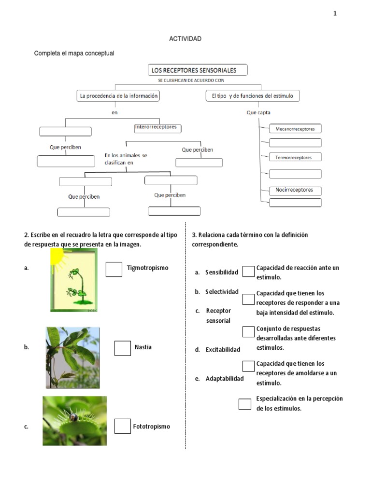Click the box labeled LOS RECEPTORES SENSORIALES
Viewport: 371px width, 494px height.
pyautogui.click(x=198, y=70)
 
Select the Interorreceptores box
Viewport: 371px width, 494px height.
pyautogui.click(x=158, y=128)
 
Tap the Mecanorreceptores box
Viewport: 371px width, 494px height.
pyautogui.click(x=295, y=129)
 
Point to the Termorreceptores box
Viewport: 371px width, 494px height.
pyautogui.click(x=295, y=157)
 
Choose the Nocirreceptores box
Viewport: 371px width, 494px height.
pyautogui.click(x=295, y=190)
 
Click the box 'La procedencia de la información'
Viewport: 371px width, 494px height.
pyautogui.click(x=118, y=96)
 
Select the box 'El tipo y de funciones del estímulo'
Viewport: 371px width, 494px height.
pyautogui.click(x=252, y=96)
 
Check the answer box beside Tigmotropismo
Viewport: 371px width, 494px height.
pyautogui.click(x=114, y=269)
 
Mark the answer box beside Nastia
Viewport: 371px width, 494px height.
pyautogui.click(x=122, y=348)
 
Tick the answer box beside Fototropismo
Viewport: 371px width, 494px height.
pyautogui.click(x=122, y=426)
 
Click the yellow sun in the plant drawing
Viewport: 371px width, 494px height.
pyautogui.click(x=57, y=256)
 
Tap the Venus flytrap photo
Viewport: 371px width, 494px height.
pyautogui.click(x=74, y=421)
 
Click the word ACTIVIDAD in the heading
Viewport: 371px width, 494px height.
pyautogui.click(x=185, y=39)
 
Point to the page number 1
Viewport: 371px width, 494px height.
pyautogui.click(x=335, y=14)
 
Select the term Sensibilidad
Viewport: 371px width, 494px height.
pyautogui.click(x=222, y=273)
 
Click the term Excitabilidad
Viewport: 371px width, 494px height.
pyautogui.click(x=222, y=349)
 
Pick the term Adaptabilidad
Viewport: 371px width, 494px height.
pyautogui.click(x=224, y=379)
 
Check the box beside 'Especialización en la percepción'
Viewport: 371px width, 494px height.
pyautogui.click(x=245, y=404)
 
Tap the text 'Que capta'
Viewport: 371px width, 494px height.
pyautogui.click(x=258, y=113)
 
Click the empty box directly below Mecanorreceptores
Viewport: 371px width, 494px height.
pyautogui.click(x=295, y=142)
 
